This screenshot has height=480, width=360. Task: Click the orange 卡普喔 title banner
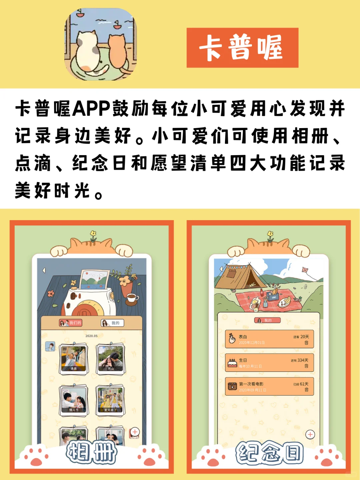242,48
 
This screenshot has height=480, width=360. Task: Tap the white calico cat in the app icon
88,50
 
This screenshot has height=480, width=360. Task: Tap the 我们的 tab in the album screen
70,323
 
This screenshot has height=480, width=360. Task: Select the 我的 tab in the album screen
112,323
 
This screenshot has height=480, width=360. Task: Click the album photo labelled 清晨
74,359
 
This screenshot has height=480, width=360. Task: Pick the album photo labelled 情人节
74,400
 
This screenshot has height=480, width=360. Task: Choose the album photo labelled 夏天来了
111,400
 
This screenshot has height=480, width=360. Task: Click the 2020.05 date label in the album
91,336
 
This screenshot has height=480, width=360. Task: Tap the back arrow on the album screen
44,270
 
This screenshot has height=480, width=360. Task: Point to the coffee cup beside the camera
132,298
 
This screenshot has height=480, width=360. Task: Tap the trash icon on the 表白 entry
306,343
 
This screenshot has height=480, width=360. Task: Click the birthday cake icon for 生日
232,363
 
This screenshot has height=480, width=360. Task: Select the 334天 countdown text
303,360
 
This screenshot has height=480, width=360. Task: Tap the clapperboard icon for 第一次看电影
232,387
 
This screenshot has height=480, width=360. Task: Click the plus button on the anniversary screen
310,434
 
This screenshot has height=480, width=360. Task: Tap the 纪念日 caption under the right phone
269,453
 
